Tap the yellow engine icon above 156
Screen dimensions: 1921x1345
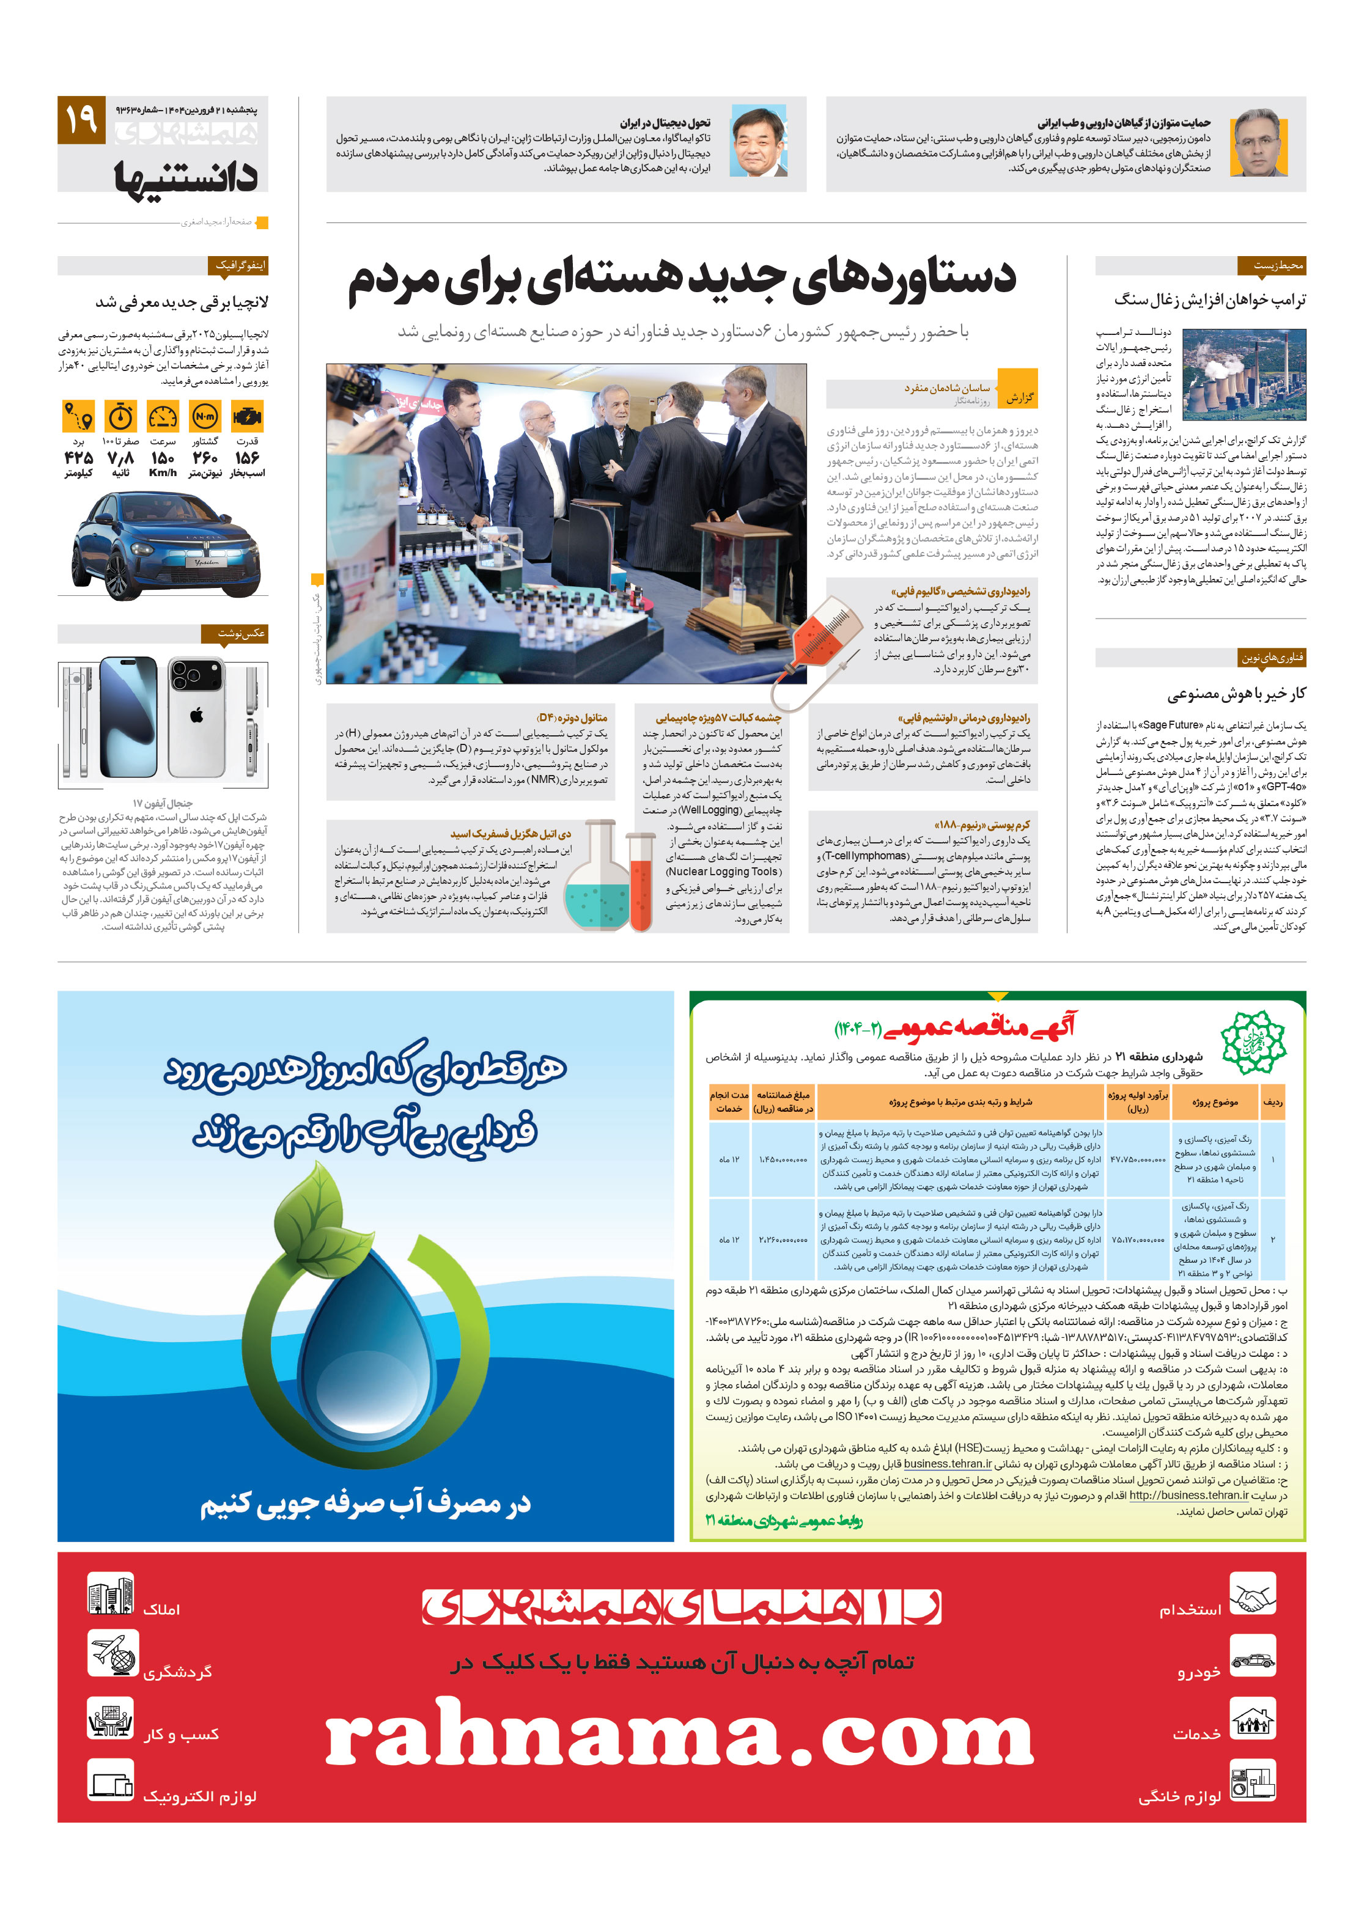pos(247,416)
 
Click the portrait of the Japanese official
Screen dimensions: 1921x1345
pos(757,141)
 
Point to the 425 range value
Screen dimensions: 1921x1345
pos(78,458)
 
